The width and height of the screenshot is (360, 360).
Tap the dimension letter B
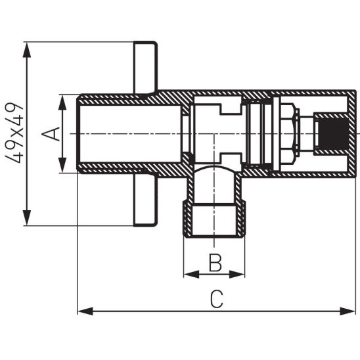pos(215,263)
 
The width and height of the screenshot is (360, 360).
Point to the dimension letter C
pos(217,299)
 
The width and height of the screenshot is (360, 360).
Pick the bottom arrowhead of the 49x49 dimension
pos(27,220)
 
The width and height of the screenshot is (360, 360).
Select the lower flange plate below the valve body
pos(145,200)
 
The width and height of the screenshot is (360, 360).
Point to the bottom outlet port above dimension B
pos(214,220)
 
